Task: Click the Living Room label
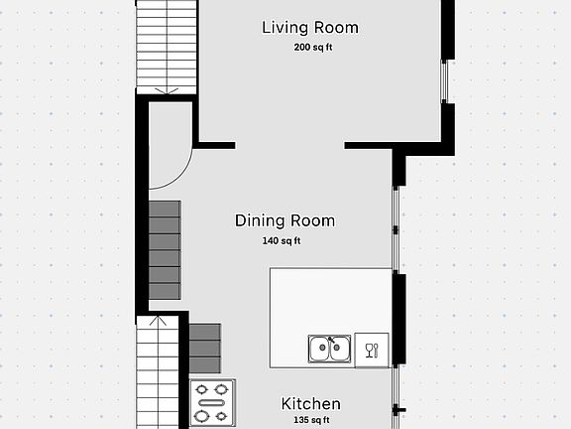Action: [x=310, y=28]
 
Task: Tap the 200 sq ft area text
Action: [x=313, y=48]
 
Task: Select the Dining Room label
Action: [x=285, y=220]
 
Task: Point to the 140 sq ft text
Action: [x=282, y=240]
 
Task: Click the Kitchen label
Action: [x=311, y=404]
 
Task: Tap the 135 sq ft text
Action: [x=311, y=420]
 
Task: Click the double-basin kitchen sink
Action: [x=329, y=349]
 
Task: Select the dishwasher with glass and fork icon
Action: [x=372, y=351]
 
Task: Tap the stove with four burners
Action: [x=213, y=403]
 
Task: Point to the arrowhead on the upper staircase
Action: [x=167, y=90]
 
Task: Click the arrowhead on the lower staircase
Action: [x=158, y=321]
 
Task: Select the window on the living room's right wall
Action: [x=443, y=81]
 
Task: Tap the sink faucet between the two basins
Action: [x=331, y=340]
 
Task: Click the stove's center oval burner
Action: [x=212, y=403]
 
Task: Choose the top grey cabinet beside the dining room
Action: [x=165, y=209]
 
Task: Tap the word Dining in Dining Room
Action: [x=260, y=221]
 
